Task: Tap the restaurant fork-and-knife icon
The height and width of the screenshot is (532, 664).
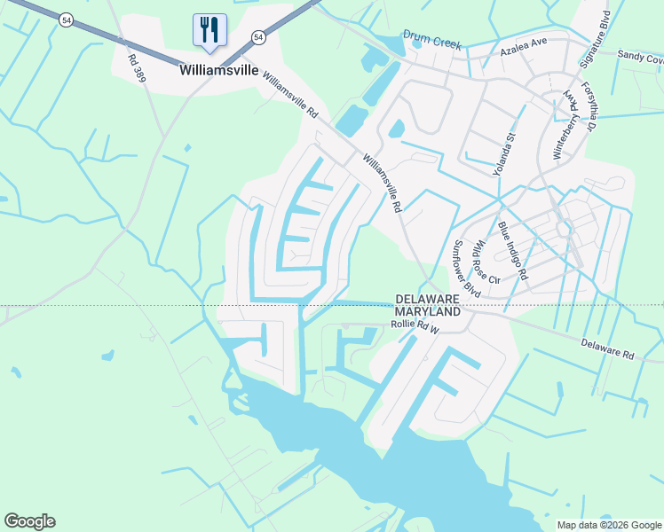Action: pyautogui.click(x=209, y=29)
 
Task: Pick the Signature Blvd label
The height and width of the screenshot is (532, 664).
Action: pyautogui.click(x=596, y=40)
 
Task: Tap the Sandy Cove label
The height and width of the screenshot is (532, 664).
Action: pyautogui.click(x=640, y=58)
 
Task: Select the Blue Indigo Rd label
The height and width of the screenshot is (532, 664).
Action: pyautogui.click(x=512, y=251)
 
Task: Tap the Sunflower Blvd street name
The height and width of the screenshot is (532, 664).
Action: pyautogui.click(x=467, y=268)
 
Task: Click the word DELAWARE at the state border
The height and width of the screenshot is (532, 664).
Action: pyautogui.click(x=428, y=300)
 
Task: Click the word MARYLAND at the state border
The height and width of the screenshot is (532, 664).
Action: pyautogui.click(x=428, y=312)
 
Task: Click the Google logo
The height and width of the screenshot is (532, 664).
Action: pyautogui.click(x=29, y=521)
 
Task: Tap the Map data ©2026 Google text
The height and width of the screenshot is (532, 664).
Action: pyautogui.click(x=608, y=525)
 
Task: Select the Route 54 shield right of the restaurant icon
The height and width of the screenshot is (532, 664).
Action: pyautogui.click(x=257, y=37)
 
